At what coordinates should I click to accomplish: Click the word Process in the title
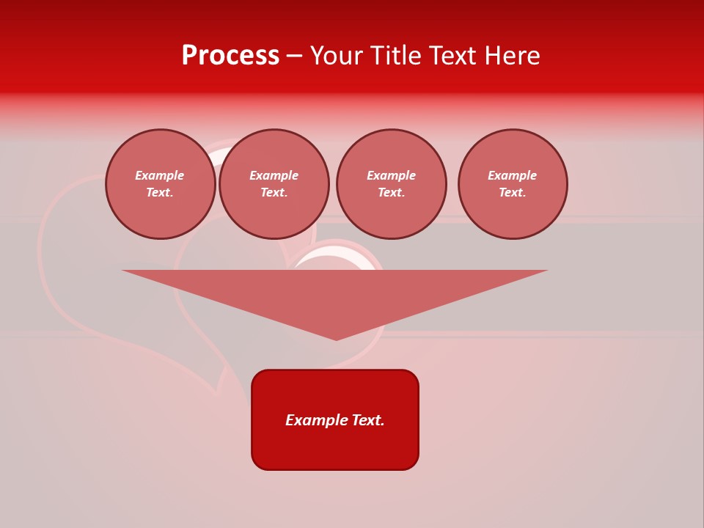tap(230, 56)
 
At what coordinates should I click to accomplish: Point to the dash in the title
tap(294, 56)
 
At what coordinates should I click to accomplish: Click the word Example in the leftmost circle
tap(160, 175)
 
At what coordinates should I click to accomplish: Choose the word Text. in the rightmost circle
tap(513, 192)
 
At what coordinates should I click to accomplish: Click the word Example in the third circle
tap(392, 175)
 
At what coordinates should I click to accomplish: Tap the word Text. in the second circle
tap(274, 192)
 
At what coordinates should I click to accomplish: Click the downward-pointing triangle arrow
tap(335, 293)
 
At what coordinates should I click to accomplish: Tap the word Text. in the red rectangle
tap(368, 420)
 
